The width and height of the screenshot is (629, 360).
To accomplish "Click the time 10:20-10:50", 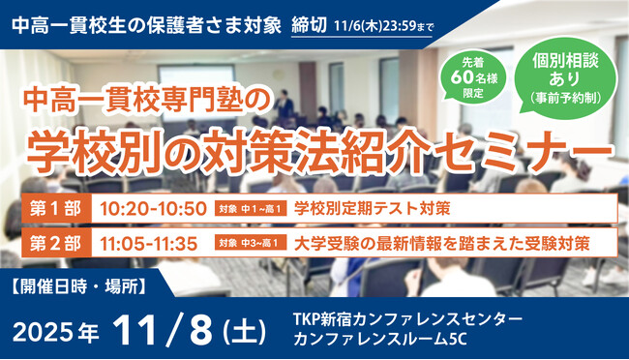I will click(x=152, y=208).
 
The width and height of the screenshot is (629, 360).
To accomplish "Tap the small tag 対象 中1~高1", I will click(x=251, y=209).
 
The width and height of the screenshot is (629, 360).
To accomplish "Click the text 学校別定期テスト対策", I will click(x=371, y=208).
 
